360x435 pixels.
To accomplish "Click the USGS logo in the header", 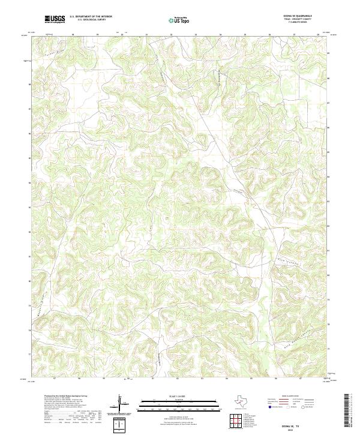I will pos(55,19).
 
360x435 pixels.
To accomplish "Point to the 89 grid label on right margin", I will pos(329,54).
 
